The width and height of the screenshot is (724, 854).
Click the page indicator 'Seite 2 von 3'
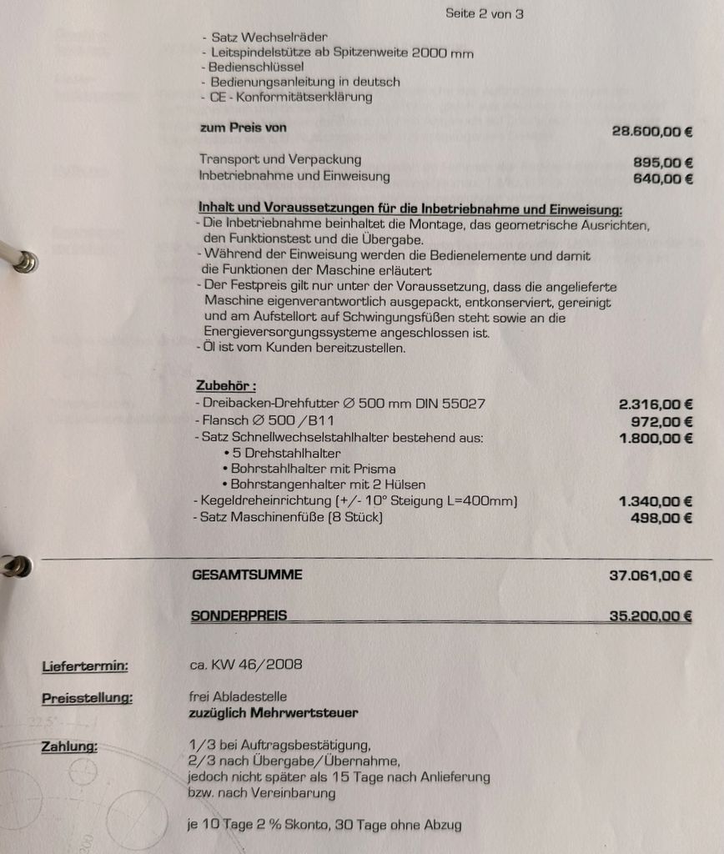pyautogui.click(x=484, y=13)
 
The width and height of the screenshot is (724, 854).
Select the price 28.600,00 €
pyautogui.click(x=652, y=131)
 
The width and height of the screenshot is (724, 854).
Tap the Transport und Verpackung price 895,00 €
pyautogui.click(x=663, y=163)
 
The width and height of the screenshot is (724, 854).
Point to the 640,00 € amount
pyautogui.click(x=663, y=178)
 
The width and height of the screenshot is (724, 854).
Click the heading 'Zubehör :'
pyautogui.click(x=225, y=387)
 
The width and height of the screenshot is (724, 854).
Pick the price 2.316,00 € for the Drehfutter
pyautogui.click(x=656, y=404)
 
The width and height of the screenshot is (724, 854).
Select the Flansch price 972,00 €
pyautogui.click(x=663, y=421)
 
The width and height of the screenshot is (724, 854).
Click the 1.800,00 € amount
pyautogui.click(x=656, y=438)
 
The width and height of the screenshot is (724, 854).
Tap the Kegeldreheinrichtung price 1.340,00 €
pyautogui.click(x=656, y=501)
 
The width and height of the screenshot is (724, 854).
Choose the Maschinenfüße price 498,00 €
pyautogui.click(x=663, y=518)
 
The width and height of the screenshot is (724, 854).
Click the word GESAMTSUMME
pyautogui.click(x=247, y=575)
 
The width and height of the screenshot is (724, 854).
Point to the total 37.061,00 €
pyautogui.click(x=651, y=575)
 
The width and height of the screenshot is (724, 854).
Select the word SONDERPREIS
pyautogui.click(x=239, y=616)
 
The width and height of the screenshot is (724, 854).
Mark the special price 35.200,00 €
pyautogui.click(x=651, y=617)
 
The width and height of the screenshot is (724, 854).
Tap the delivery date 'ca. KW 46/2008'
pyautogui.click(x=246, y=665)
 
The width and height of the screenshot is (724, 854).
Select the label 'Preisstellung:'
pyautogui.click(x=87, y=698)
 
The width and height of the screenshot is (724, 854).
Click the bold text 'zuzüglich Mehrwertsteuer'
pyautogui.click(x=274, y=713)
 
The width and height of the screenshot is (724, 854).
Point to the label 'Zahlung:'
pyautogui.click(x=69, y=746)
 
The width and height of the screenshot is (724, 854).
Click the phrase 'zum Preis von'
pyautogui.click(x=243, y=128)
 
